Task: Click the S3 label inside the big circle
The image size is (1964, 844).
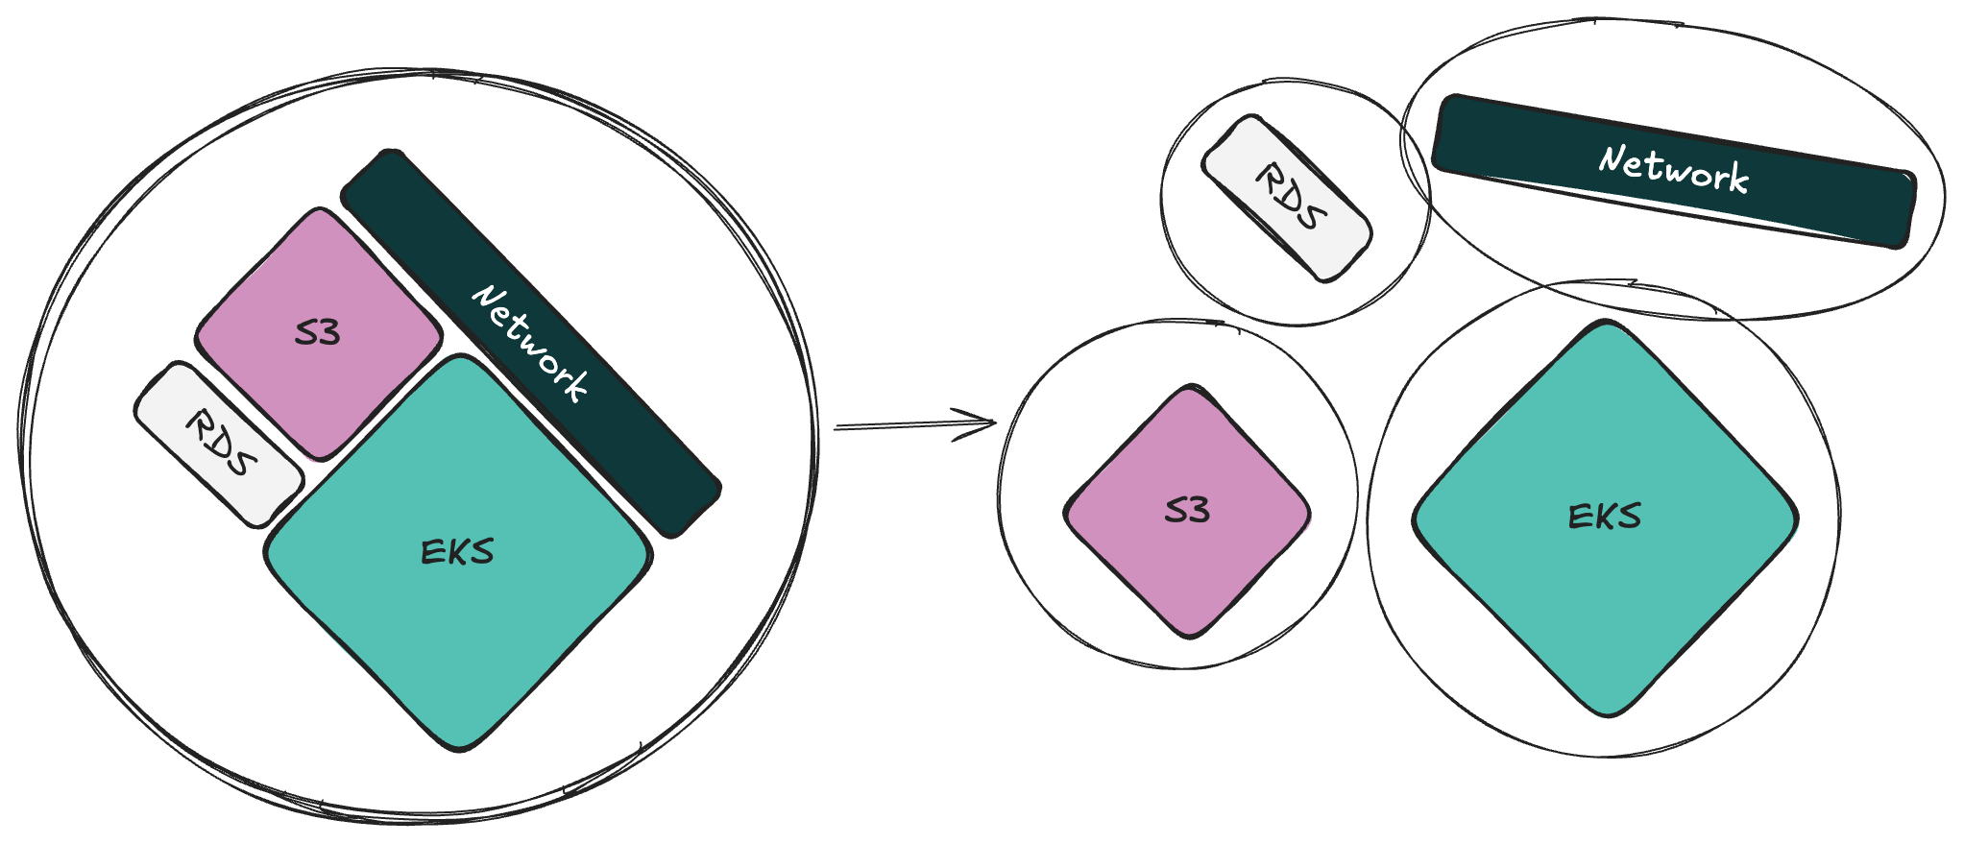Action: coord(318,333)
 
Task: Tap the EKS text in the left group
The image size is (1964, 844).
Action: coord(457,552)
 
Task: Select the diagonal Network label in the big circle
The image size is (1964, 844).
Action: coord(529,343)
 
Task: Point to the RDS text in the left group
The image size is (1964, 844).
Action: coord(221,443)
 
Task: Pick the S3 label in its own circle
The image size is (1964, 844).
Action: coord(1187,511)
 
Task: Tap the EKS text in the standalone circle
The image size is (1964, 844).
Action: coord(1604,517)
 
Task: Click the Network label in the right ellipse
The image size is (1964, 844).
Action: coord(1673,170)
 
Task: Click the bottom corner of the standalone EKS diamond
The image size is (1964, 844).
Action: coord(1606,712)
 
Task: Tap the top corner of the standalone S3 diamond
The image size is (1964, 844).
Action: coord(1190,389)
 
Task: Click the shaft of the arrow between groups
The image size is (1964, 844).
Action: coord(893,425)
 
